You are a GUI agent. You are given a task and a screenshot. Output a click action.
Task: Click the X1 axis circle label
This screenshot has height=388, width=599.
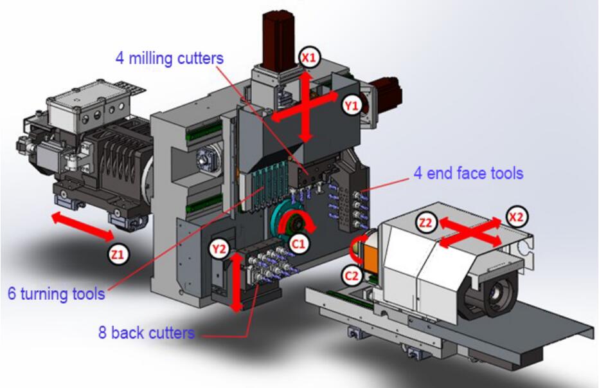point(309,57)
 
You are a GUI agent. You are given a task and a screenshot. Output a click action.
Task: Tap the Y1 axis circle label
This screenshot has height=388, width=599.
point(352,106)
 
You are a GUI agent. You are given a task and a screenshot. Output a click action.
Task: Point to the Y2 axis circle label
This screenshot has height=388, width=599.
point(220,247)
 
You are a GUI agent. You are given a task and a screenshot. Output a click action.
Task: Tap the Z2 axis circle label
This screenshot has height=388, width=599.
point(425,222)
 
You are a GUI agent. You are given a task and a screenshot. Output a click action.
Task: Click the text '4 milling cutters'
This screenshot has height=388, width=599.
point(170,57)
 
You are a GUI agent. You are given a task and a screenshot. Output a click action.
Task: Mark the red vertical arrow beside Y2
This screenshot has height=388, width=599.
point(238,281)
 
